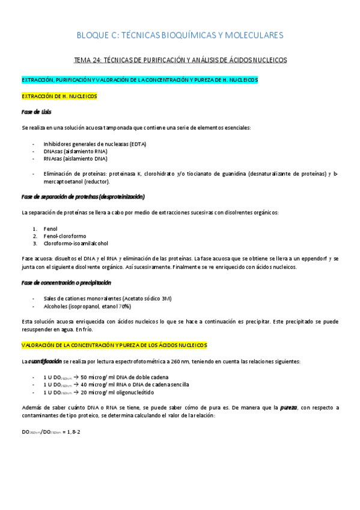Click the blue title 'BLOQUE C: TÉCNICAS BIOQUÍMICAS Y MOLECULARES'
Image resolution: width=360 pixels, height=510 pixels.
(x=180, y=36)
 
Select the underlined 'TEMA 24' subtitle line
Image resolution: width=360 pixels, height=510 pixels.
(x=180, y=60)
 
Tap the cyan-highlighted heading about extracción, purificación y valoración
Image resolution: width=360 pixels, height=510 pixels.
(x=139, y=80)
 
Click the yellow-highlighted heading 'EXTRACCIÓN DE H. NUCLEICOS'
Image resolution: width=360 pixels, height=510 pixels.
(x=59, y=96)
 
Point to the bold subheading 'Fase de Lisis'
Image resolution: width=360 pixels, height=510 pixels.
(x=36, y=112)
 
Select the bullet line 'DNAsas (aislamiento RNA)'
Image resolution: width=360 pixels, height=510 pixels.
(x=75, y=152)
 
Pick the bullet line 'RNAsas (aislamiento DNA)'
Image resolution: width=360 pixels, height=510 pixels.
(x=75, y=159)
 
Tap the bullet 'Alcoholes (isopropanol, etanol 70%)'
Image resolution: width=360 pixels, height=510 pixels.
(x=87, y=306)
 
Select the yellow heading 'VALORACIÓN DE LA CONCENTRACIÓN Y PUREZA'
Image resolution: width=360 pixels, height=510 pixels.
(x=114, y=345)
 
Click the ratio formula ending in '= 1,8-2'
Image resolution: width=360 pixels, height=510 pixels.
(x=50, y=432)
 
